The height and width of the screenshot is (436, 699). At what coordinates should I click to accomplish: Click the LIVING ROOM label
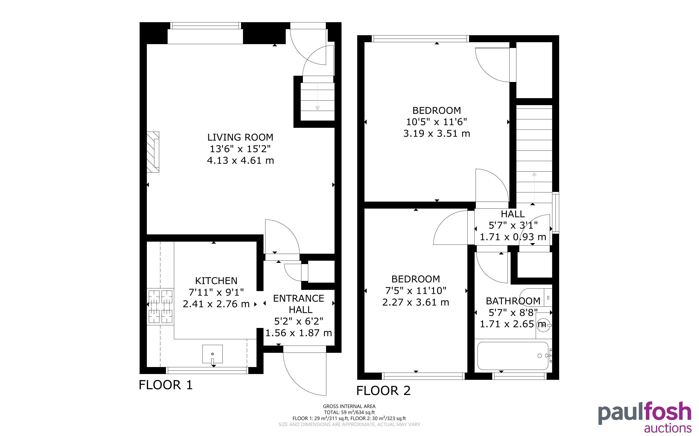tap(240, 137)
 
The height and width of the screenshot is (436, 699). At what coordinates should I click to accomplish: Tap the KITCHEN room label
tap(216, 280)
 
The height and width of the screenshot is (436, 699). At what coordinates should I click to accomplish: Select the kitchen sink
tap(213, 354)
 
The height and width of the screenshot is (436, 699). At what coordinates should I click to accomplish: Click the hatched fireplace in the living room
tap(153, 152)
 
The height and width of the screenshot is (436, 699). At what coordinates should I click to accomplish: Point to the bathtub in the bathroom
tap(513, 356)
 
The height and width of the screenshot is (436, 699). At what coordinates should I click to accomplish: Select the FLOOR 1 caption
tap(166, 385)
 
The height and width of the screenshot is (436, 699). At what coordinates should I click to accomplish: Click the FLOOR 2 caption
tap(383, 391)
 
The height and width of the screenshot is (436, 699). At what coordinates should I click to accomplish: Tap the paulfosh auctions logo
tap(644, 416)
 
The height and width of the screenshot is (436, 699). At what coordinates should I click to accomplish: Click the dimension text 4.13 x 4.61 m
tap(241, 160)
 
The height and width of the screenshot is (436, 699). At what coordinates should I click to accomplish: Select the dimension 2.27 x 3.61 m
tap(416, 302)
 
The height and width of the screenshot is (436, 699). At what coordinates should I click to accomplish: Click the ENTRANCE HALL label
tap(299, 304)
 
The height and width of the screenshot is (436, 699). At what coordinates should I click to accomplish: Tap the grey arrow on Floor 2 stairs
tap(534, 187)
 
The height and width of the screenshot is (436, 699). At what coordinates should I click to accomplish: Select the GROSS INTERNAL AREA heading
tap(349, 406)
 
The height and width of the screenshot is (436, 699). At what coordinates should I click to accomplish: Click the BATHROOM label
tap(513, 301)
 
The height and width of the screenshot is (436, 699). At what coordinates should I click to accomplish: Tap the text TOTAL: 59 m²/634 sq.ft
tap(349, 412)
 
